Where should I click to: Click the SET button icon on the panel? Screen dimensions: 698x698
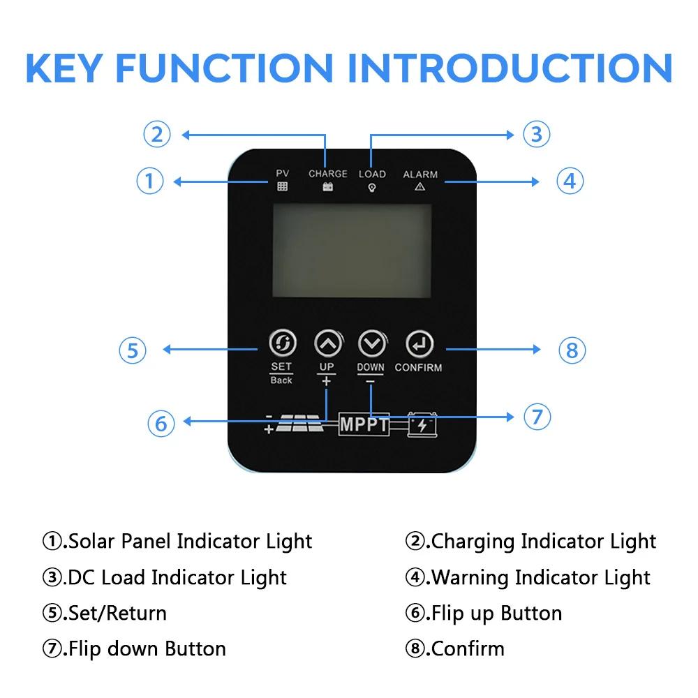coord(283,343)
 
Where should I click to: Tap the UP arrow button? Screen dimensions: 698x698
coord(329,343)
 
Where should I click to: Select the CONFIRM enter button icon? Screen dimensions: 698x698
coord(419,343)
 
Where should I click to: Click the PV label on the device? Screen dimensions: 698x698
coord(283,173)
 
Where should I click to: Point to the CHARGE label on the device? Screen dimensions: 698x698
coord(328,174)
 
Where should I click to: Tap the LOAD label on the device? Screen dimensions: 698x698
coord(372,174)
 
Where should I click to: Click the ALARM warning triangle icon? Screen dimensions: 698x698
coord(419,187)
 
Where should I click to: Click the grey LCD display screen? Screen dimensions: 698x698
coord(352,251)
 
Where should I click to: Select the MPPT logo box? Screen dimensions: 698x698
coord(364,424)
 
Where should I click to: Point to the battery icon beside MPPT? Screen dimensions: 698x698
coord(422,424)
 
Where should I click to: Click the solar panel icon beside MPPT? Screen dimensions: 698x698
coord(299,424)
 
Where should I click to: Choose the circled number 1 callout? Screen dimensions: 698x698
coord(150,181)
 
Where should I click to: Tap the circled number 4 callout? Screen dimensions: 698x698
coord(570,181)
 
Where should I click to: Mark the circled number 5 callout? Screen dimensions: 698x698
coord(133,350)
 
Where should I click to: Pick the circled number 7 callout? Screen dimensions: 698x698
coord(537,417)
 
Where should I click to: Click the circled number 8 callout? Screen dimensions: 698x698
coord(572,350)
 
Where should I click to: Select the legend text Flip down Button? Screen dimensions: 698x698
coord(147,649)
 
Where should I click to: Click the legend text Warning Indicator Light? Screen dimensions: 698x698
coord(540,577)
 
